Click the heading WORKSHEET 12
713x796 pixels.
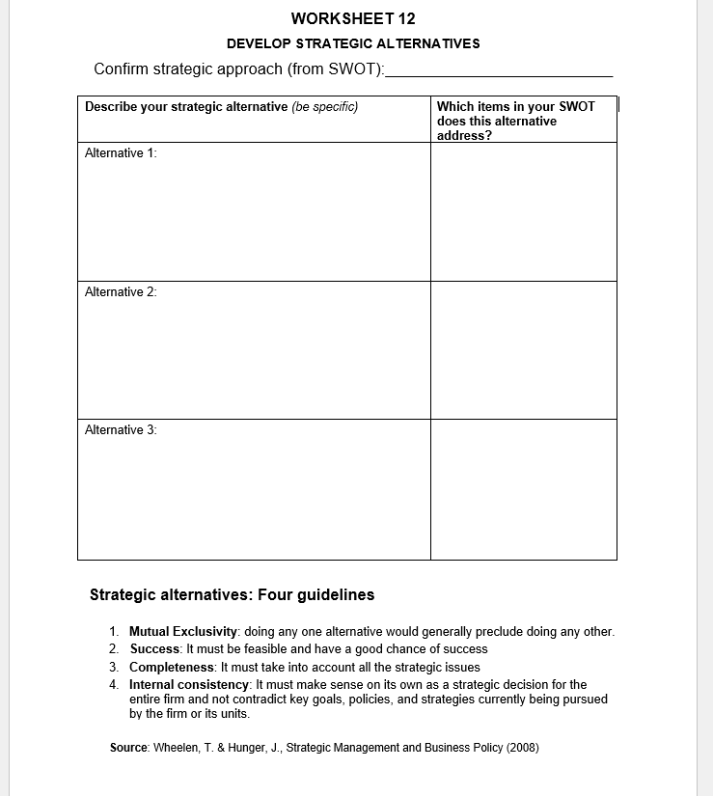[353, 18]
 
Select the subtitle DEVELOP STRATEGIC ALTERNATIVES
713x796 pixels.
[353, 43]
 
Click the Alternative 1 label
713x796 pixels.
[121, 153]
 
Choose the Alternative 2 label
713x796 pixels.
[121, 292]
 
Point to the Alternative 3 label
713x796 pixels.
[121, 430]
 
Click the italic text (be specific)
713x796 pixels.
[325, 107]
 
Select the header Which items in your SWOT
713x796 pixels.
[516, 107]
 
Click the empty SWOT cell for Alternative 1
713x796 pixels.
[523, 212]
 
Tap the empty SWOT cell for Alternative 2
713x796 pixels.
[523, 350]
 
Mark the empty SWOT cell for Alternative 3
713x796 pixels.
[523, 489]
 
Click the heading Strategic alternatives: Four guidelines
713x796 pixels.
[232, 595]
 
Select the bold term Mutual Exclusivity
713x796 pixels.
[183, 632]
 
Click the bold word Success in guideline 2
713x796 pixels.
[155, 649]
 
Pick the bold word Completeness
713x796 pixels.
[172, 667]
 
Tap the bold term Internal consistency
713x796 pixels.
[189, 684]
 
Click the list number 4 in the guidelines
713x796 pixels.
[113, 684]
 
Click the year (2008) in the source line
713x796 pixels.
[521, 748]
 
